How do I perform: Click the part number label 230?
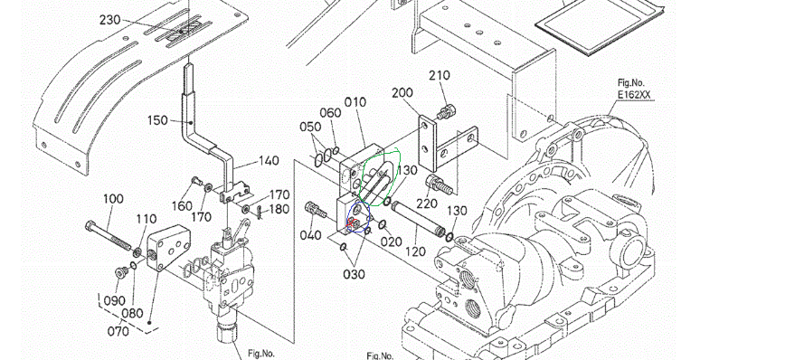109,21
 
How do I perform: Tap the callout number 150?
157,120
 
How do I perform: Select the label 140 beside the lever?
269,161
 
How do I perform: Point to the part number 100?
113,199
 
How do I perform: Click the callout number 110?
147,220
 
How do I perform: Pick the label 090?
114,301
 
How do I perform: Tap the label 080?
133,313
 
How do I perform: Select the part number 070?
118,331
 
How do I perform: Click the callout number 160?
182,206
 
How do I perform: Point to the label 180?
279,210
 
